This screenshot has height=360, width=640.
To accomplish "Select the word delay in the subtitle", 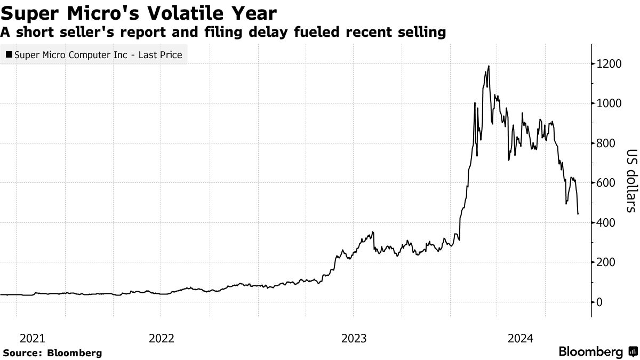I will [288, 32].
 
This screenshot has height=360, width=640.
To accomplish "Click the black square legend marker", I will [9, 55].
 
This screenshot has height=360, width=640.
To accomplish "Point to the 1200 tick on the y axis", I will [610, 64].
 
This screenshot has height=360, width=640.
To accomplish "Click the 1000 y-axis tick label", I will [610, 103].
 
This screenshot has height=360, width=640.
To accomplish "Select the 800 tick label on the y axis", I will [606, 143].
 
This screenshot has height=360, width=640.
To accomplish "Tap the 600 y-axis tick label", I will [606, 183].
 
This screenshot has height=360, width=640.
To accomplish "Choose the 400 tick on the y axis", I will [606, 222].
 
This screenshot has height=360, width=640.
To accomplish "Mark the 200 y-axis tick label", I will [606, 262].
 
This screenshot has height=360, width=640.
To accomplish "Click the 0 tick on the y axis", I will [600, 302].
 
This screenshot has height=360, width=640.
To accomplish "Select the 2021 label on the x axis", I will [32, 338].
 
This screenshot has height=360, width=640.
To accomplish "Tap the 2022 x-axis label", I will [162, 338].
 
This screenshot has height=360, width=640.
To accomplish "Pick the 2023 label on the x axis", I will [354, 338].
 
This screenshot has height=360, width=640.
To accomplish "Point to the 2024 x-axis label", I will [521, 338].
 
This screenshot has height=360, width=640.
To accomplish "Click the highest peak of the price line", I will [489, 67].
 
